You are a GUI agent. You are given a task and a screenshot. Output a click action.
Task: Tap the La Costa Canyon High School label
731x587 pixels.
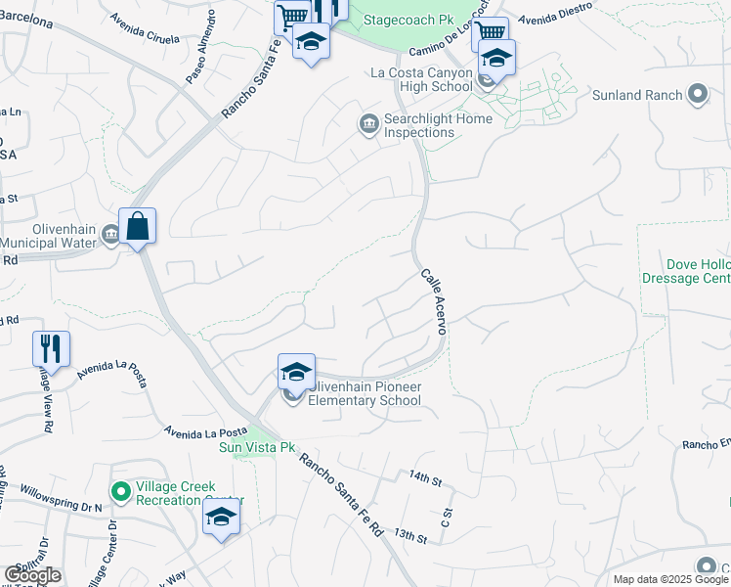click(421, 79)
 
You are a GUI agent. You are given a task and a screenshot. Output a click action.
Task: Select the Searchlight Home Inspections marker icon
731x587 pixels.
click(368, 123)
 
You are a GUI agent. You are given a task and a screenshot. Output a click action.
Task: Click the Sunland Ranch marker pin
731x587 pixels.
click(697, 95)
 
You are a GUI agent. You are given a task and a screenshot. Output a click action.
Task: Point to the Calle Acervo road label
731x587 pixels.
click(433, 302)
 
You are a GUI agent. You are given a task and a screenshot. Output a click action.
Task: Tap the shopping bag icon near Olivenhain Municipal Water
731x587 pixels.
click(138, 226)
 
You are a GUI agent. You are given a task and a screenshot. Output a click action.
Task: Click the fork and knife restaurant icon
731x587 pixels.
click(51, 348)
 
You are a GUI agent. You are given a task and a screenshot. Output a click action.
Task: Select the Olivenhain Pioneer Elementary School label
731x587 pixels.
click(365, 393)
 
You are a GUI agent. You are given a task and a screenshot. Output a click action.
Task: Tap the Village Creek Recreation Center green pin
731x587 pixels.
click(120, 491)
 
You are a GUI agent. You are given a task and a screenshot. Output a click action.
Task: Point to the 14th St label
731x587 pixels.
click(426, 477)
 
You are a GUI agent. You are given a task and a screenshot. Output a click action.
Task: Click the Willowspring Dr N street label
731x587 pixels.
click(61, 494)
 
